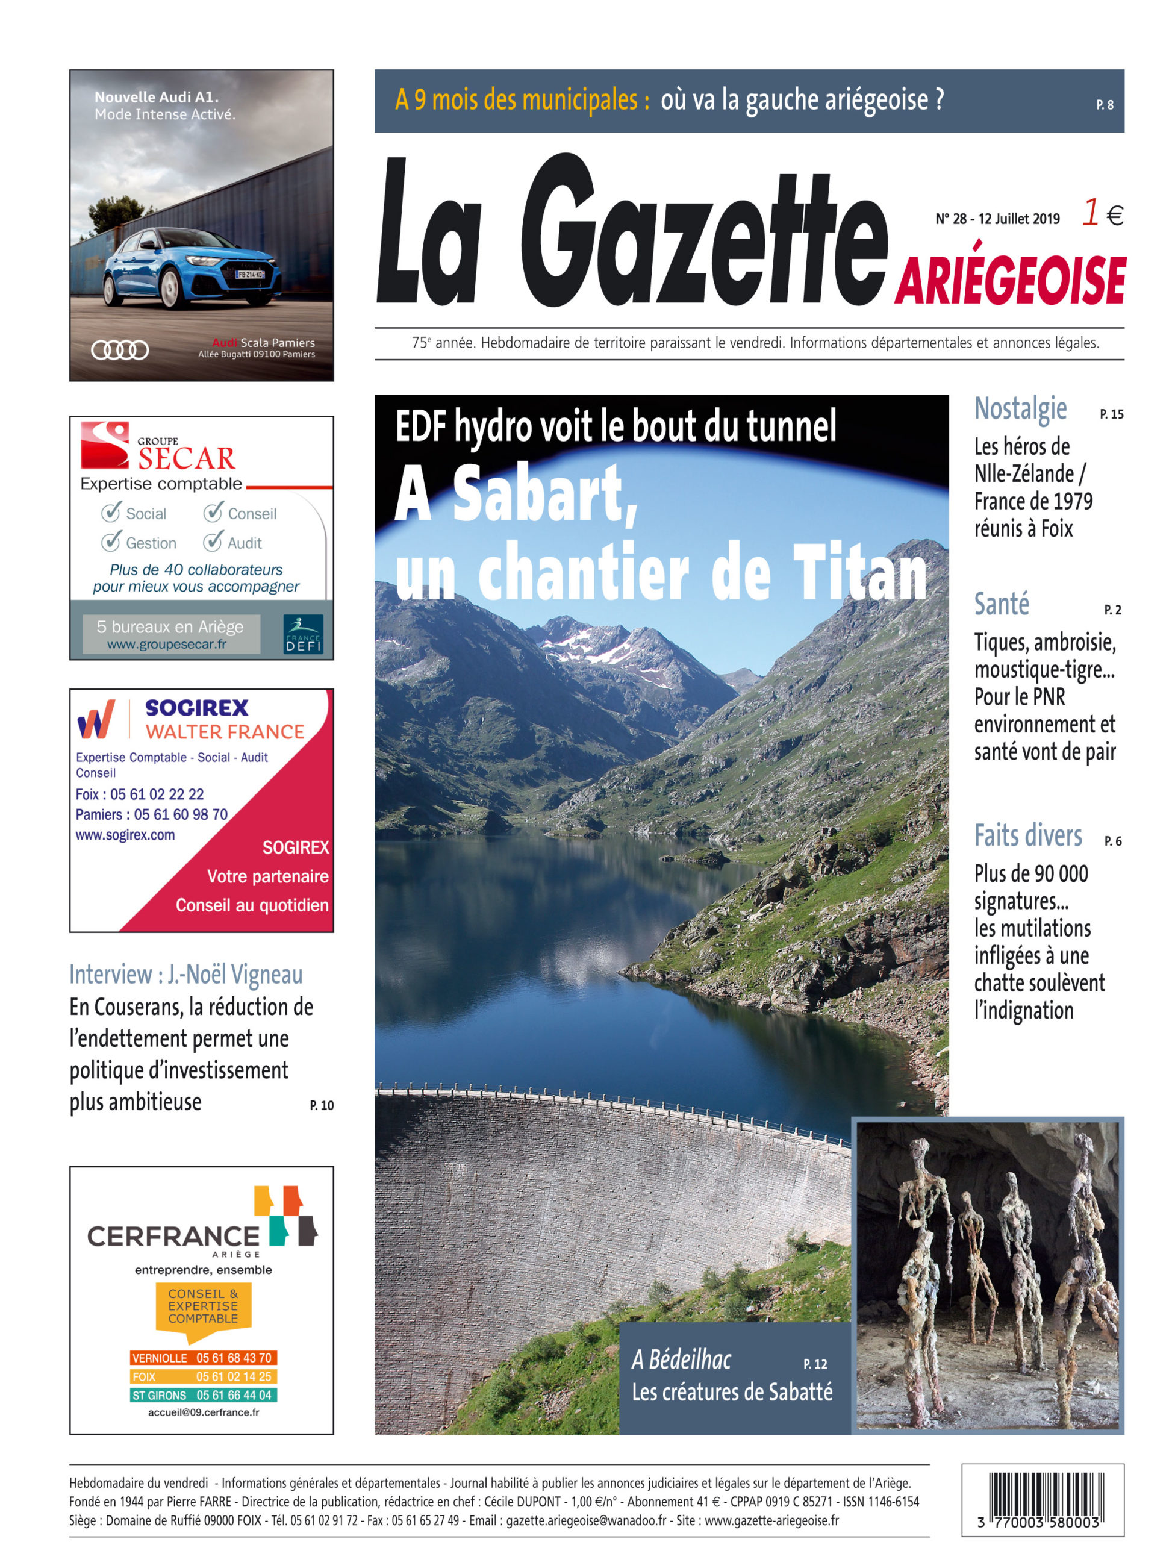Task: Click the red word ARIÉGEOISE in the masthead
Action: point(1009,279)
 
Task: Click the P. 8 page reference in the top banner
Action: point(1105,105)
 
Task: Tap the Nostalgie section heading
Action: point(1020,409)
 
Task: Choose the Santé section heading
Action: point(1002,604)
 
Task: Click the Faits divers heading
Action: point(1027,835)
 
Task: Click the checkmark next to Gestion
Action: point(110,542)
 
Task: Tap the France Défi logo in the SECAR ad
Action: point(304,634)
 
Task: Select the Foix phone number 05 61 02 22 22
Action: point(157,794)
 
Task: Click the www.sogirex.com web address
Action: point(125,835)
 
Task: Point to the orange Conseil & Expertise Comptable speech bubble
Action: point(203,1307)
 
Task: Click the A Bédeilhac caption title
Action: point(681,1359)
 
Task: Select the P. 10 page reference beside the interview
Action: point(322,1106)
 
